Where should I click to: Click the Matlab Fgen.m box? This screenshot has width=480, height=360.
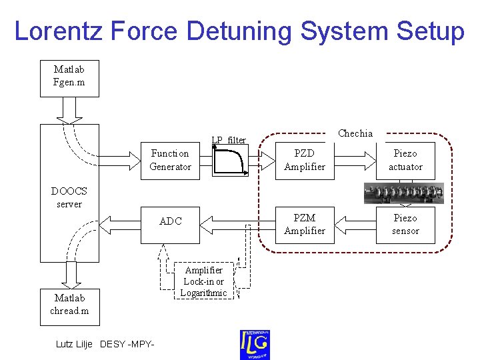tap(69, 78)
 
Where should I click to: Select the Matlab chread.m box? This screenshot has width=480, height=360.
tap(69, 305)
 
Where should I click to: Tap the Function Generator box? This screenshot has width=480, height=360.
tap(170, 160)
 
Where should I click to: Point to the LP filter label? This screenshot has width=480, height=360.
tap(229, 140)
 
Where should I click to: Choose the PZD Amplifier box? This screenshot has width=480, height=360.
tap(304, 160)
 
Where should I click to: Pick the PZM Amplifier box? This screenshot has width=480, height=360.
tap(304, 224)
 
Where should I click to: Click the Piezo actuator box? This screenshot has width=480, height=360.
tap(405, 160)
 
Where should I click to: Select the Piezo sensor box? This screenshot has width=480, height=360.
tap(405, 224)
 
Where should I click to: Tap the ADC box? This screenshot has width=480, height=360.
tap(170, 221)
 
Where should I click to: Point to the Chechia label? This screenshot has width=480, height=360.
tap(355, 133)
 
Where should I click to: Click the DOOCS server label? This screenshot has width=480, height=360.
tap(69, 197)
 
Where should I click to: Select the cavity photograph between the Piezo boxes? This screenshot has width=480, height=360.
tap(403, 193)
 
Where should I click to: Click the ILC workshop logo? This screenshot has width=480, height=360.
tap(255, 344)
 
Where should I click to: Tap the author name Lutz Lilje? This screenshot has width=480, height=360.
tap(75, 344)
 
